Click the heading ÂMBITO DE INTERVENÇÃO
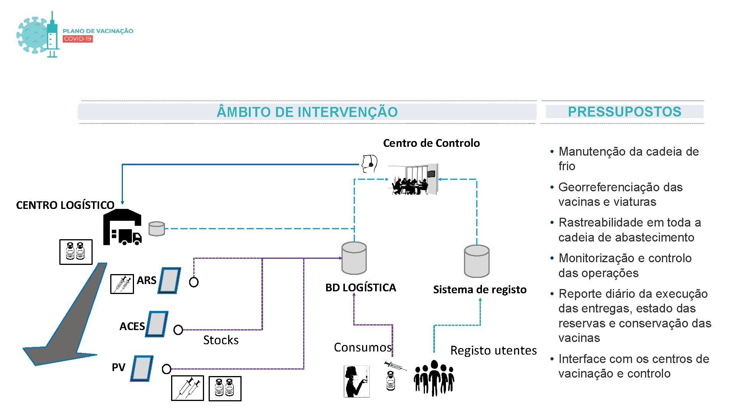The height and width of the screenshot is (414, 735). (x=307, y=112)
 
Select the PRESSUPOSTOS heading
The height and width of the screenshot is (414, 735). (x=624, y=112)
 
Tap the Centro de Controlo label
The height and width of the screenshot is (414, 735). (x=431, y=143)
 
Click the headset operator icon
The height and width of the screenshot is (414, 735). (x=369, y=164)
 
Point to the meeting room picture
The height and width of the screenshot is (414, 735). (x=413, y=179)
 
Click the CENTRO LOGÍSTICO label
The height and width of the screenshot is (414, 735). (x=65, y=205)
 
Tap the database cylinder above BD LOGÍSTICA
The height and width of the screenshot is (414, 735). (x=354, y=258)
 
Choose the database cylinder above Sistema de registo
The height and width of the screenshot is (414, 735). (x=477, y=261)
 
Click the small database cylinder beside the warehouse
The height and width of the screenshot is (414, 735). (x=157, y=228)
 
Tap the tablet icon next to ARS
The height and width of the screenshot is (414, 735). (x=169, y=281)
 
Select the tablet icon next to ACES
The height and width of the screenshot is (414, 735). (x=157, y=324)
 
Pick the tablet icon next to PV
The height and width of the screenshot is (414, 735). (x=142, y=368)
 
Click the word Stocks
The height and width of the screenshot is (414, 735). (x=221, y=340)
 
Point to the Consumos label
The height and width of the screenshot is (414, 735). (x=363, y=347)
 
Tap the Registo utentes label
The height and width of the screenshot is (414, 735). (x=493, y=350)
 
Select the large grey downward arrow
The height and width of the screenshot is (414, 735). (x=69, y=318)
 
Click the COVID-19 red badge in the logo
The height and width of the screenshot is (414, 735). (x=78, y=39)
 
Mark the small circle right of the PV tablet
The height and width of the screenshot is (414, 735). (x=167, y=369)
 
